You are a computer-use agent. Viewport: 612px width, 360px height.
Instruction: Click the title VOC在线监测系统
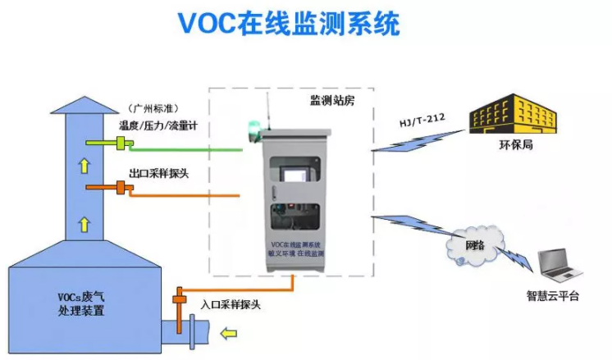click(x=288, y=25)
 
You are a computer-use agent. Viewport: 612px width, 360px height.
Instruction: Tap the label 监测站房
click(x=331, y=100)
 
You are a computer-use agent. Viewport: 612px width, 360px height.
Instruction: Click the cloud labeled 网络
click(x=474, y=244)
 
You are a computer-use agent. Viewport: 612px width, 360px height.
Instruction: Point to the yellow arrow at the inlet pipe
click(x=229, y=333)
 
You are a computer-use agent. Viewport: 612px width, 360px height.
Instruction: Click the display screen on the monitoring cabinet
click(x=293, y=176)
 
